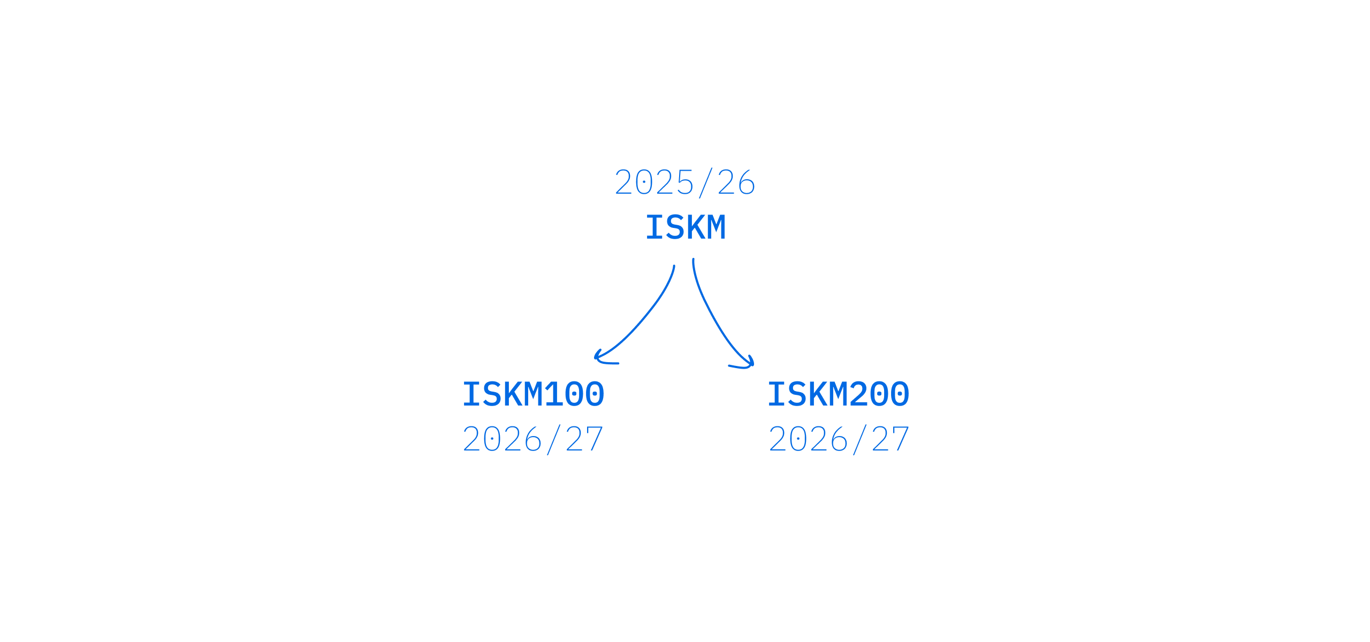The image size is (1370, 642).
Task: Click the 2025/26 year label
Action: tap(685, 182)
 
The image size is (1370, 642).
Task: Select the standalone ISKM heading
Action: tap(686, 227)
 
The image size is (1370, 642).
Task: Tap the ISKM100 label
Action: tap(534, 394)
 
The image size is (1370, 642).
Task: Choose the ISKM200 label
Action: tap(839, 394)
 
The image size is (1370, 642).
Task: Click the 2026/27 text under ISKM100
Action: tap(533, 439)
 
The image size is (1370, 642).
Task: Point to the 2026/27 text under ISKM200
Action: tap(839, 439)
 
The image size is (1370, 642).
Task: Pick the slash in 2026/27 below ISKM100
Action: tap(554, 439)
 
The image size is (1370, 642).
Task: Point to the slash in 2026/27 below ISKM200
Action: tap(860, 439)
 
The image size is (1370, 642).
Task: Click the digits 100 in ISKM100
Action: tap(575, 394)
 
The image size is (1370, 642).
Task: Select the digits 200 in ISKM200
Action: tap(880, 394)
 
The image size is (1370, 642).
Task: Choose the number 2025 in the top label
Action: tap(654, 182)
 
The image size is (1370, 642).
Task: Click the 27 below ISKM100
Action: tap(584, 439)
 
